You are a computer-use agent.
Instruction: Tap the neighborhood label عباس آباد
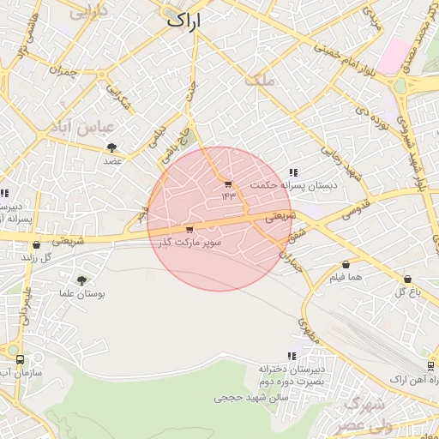[96, 127]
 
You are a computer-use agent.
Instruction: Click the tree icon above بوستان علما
[81, 280]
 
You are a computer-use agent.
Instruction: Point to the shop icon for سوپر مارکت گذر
[189, 229]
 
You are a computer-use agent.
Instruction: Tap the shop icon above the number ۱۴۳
[227, 184]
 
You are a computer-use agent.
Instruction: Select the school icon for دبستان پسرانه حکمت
[294, 172]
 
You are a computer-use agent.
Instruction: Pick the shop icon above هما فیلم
[346, 265]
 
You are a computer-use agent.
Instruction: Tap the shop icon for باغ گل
[407, 279]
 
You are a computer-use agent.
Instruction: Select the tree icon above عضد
[112, 147]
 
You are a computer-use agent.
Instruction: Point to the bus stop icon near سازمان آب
[19, 360]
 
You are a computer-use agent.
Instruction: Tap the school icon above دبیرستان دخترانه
[292, 355]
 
